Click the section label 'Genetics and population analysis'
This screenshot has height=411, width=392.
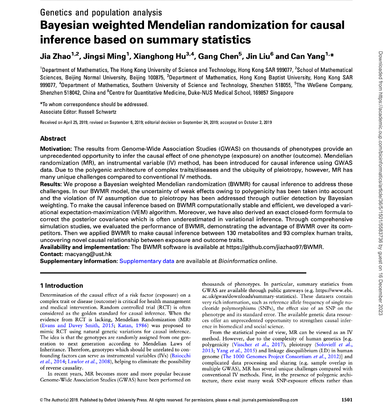pos(101,12)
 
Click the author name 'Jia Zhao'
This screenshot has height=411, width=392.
pos(56,56)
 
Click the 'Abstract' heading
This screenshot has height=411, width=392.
pos(53,139)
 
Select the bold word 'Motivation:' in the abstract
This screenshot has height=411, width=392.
pos(56,149)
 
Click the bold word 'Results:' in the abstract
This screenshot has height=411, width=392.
pos(51,184)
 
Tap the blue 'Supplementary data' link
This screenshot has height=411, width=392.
pos(146,261)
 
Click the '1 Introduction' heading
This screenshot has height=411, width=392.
pos(62,286)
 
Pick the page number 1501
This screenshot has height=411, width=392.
pos(346,400)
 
